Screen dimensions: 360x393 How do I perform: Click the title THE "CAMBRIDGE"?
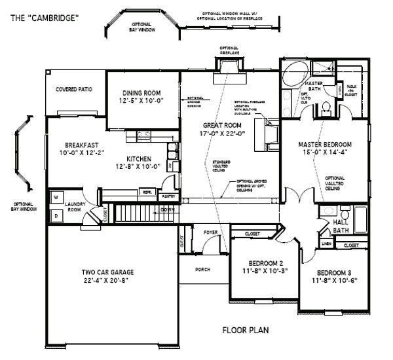(x=43, y=18)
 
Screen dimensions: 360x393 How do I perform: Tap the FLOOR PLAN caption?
(x=245, y=331)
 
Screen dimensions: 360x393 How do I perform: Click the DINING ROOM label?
(x=142, y=92)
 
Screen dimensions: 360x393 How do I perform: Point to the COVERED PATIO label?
(x=73, y=89)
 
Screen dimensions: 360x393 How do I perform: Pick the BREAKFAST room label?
(x=81, y=145)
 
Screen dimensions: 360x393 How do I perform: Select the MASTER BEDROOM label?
(x=325, y=145)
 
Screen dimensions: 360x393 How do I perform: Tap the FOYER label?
(x=210, y=232)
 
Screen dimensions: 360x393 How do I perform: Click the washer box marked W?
(x=56, y=196)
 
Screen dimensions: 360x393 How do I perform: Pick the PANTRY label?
(x=168, y=196)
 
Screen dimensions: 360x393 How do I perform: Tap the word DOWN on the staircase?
(x=167, y=210)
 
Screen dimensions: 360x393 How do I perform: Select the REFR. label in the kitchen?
(x=147, y=192)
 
